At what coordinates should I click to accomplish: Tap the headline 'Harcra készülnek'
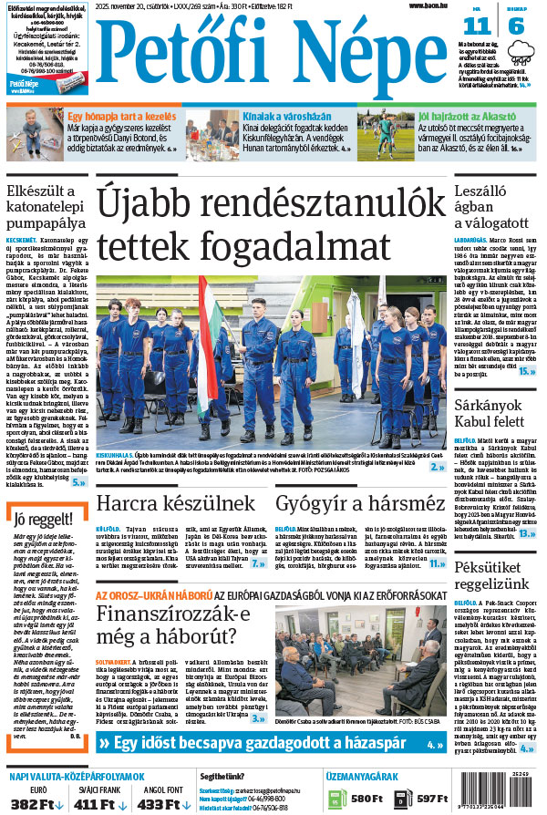pos(176,502)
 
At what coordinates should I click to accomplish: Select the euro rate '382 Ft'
pos(36,803)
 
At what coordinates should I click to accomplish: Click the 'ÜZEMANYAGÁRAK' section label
pos(362,776)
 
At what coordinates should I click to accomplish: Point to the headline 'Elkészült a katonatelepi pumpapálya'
pos(46,206)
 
